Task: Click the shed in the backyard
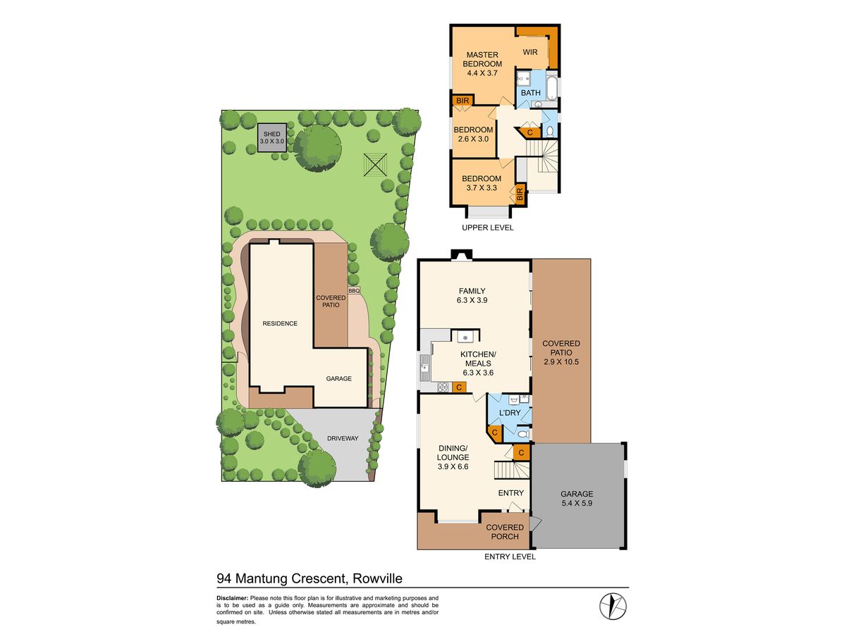(271, 137)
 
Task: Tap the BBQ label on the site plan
(354, 290)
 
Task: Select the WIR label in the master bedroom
(530, 52)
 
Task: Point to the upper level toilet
(550, 130)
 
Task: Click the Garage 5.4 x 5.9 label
(577, 499)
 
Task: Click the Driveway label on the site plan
(343, 438)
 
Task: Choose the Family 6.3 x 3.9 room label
(472, 295)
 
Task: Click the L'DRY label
(509, 413)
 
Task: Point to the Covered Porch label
(505, 532)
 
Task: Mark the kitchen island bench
(465, 336)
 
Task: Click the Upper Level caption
(488, 228)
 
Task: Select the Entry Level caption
(510, 557)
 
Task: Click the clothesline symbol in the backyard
(375, 166)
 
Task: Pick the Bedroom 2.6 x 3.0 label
(473, 134)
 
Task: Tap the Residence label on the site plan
(280, 323)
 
